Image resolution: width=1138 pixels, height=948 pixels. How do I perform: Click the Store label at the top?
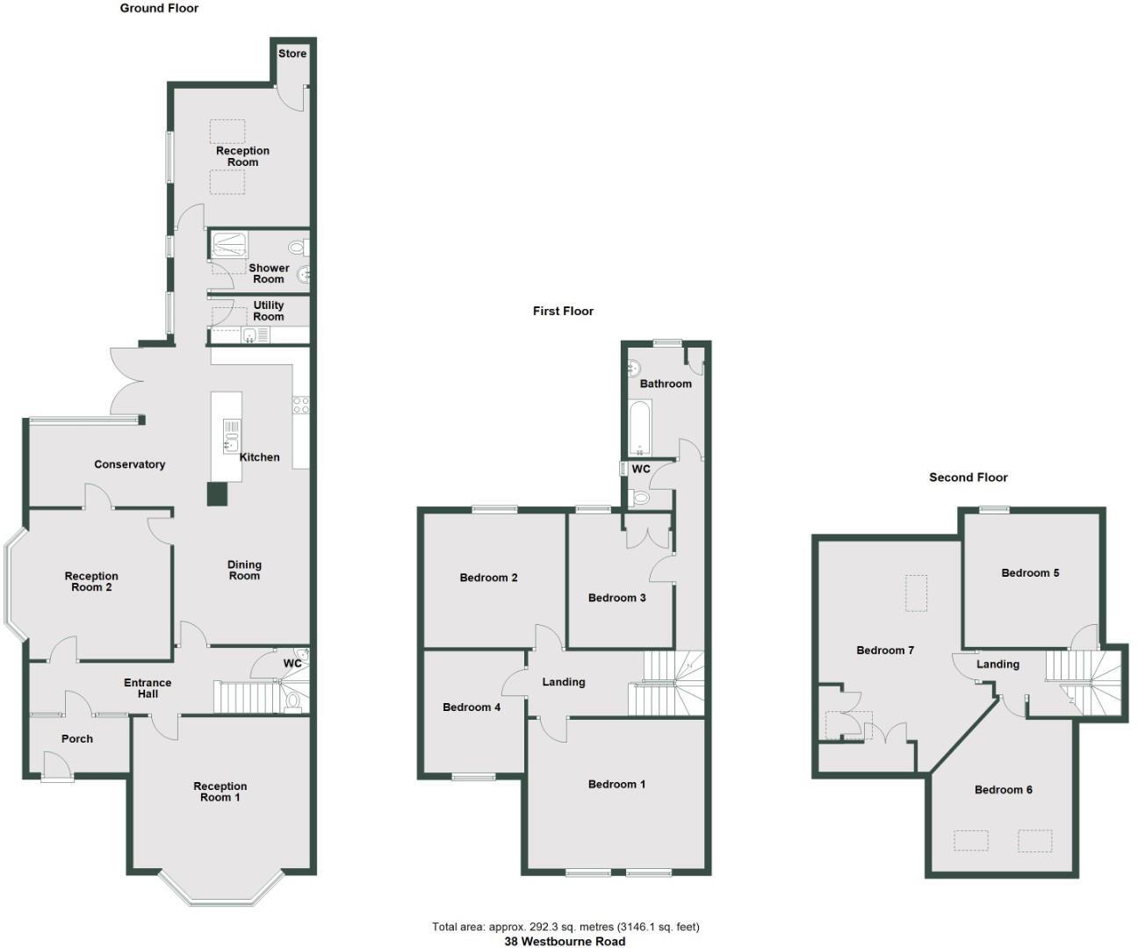(x=292, y=54)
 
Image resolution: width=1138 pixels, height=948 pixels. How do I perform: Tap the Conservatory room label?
(x=130, y=464)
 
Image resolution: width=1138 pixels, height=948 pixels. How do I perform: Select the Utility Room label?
(x=269, y=311)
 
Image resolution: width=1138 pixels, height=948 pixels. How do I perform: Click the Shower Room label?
(x=269, y=273)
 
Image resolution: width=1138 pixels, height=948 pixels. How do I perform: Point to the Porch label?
(x=77, y=739)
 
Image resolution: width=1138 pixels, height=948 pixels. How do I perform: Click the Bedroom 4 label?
(x=472, y=707)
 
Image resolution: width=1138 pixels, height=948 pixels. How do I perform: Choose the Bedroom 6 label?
(x=1003, y=790)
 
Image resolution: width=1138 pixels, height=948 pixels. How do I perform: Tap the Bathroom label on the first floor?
(x=666, y=384)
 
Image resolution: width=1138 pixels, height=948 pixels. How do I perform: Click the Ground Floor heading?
(x=160, y=9)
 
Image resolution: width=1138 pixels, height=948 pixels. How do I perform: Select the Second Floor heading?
(x=969, y=478)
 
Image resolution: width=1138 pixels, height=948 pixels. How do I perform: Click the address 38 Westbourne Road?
(x=565, y=942)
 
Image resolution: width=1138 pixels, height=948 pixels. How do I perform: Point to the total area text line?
(x=565, y=927)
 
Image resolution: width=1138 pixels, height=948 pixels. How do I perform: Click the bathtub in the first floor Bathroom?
(x=640, y=427)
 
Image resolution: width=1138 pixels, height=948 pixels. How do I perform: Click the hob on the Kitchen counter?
(x=300, y=405)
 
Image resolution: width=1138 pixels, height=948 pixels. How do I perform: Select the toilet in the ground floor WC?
(x=293, y=700)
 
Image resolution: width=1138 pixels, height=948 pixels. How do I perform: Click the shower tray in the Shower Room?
(x=230, y=244)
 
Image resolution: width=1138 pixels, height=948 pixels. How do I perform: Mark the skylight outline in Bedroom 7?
(x=916, y=592)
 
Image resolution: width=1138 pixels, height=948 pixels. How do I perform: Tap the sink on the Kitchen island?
(x=231, y=435)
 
